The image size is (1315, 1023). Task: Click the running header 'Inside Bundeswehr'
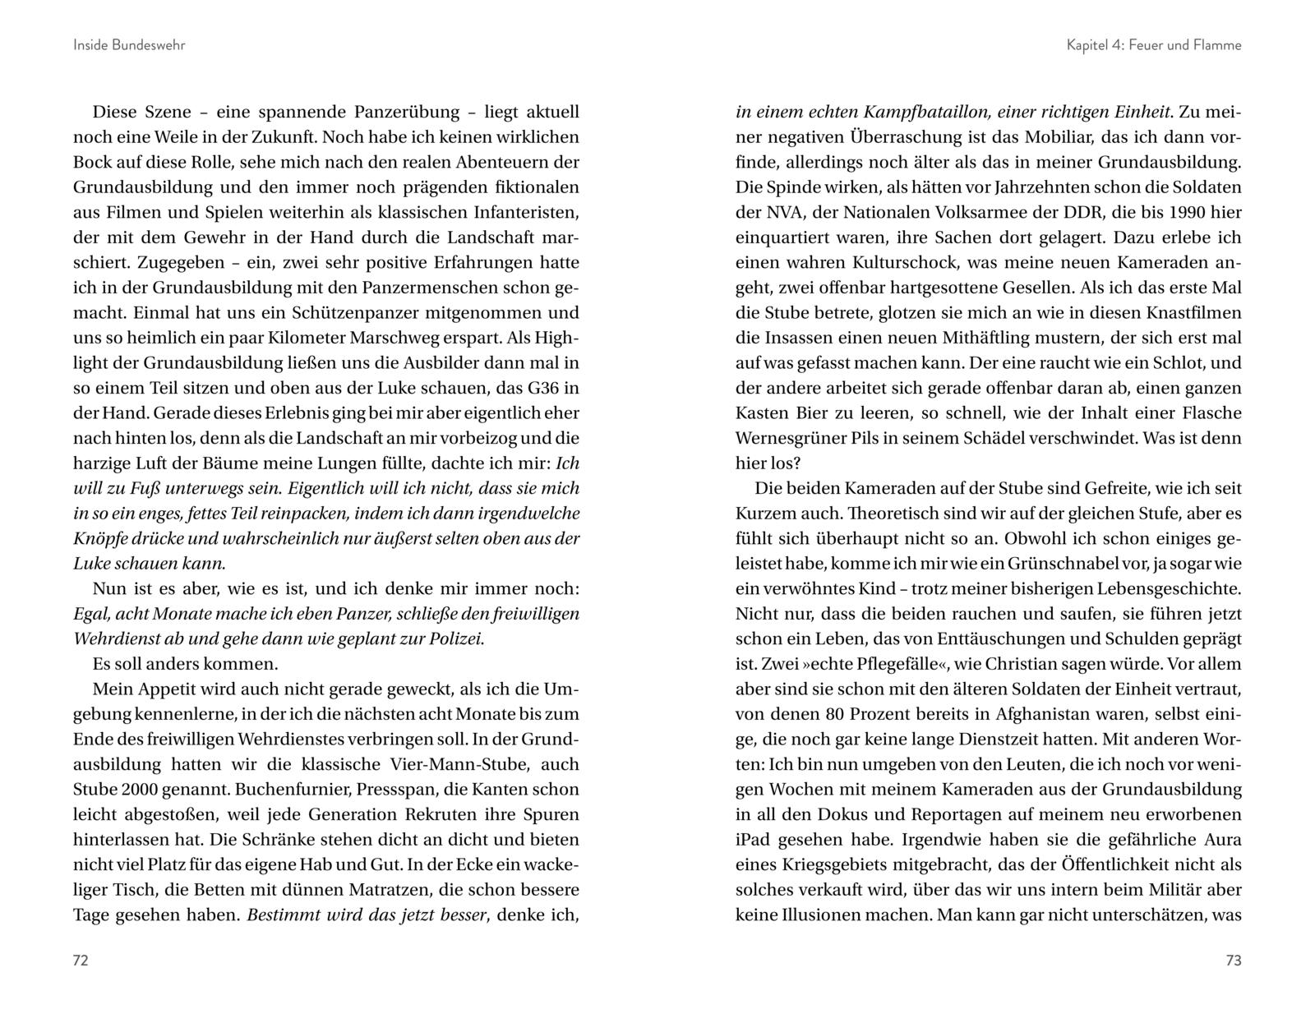[129, 45]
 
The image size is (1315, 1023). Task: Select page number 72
[81, 961]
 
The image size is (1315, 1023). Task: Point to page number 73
[1233, 961]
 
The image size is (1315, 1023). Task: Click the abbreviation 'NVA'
[780, 213]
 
